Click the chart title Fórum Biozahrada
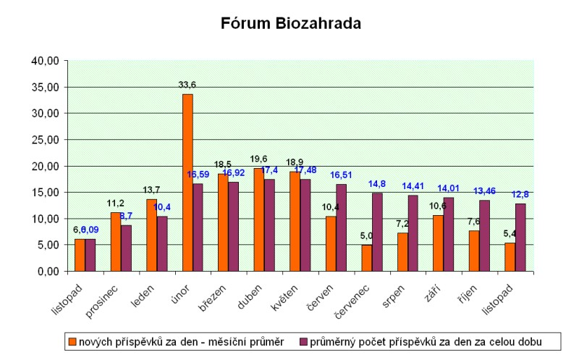(x=291, y=23)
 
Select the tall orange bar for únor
(x=187, y=183)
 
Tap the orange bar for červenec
(x=367, y=258)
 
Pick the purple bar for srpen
(x=413, y=233)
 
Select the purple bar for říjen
(x=485, y=235)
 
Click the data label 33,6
(x=187, y=85)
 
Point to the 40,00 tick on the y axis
(x=44, y=61)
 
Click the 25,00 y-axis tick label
(x=44, y=140)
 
